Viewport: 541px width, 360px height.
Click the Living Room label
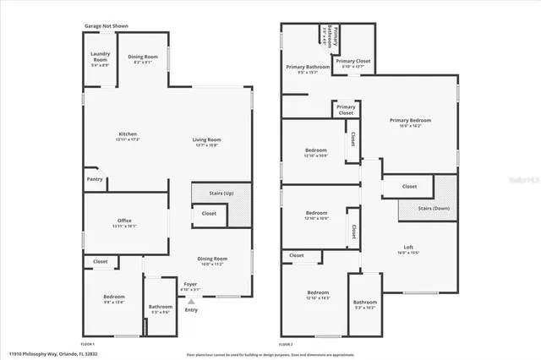(206, 142)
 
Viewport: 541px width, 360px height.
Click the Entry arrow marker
(191, 301)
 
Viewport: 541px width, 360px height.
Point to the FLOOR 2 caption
(287, 344)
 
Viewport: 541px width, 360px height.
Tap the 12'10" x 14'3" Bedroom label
(317, 296)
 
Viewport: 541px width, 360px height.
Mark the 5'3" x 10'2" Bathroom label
(365, 303)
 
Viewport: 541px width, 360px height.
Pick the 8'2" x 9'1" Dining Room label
(143, 59)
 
